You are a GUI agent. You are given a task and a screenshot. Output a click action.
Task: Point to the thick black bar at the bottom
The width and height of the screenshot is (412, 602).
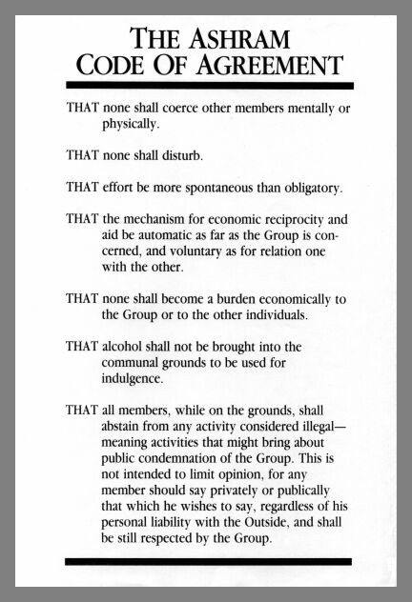[x=205, y=562]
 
